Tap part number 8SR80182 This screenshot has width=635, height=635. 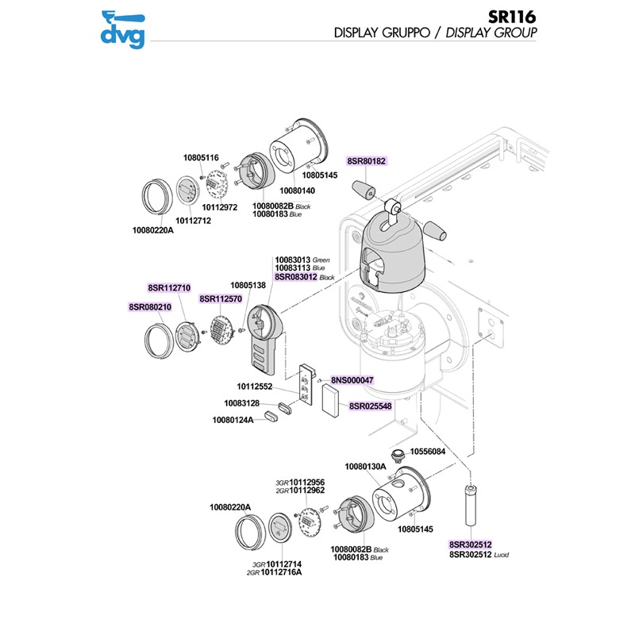(367, 161)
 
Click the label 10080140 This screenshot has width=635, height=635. (298, 191)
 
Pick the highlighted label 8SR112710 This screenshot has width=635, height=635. (169, 287)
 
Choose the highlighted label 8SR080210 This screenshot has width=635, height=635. (150, 306)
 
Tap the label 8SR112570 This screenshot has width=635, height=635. (220, 299)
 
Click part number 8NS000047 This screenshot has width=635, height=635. (352, 381)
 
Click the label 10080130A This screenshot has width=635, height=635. (364, 466)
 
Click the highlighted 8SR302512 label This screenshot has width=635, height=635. (471, 545)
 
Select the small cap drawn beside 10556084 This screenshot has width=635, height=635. (401, 453)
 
